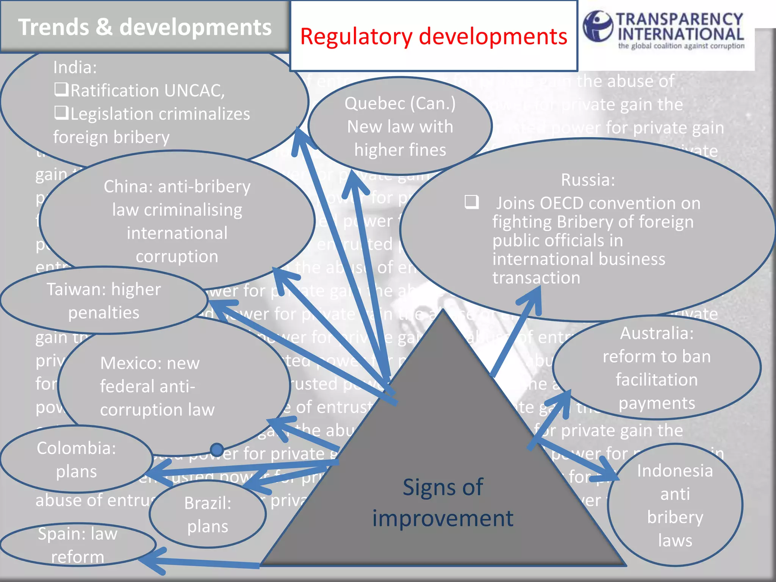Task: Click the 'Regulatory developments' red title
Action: click(x=433, y=37)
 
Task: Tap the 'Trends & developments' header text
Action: click(x=145, y=27)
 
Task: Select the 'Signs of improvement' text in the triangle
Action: click(x=443, y=502)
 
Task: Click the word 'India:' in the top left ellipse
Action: click(x=75, y=67)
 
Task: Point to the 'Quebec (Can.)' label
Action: click(x=400, y=103)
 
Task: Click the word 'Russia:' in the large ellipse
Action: click(x=588, y=180)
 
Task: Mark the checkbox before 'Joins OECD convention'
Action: click(x=472, y=202)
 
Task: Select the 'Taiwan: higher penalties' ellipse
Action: click(x=104, y=301)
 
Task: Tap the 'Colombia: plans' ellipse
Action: click(x=76, y=460)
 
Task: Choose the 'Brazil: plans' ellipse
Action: click(x=208, y=515)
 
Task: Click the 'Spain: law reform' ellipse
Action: click(x=77, y=545)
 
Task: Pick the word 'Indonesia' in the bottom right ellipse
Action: click(x=675, y=471)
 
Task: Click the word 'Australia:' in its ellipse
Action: click(x=657, y=333)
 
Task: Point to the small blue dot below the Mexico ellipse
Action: click(x=217, y=450)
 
